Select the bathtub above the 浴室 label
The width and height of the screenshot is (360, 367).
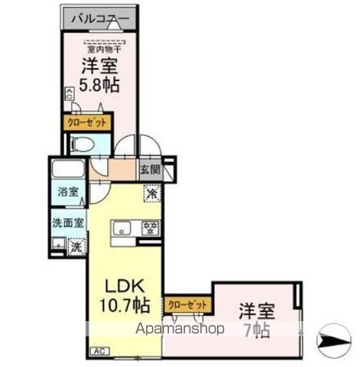[66, 170]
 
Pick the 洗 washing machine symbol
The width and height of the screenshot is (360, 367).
[76, 246]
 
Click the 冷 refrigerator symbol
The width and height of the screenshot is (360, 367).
[151, 193]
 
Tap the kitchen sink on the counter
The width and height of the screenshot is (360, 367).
[122, 229]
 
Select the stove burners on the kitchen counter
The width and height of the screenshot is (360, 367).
[150, 228]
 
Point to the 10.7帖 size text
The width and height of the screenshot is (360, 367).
[124, 309]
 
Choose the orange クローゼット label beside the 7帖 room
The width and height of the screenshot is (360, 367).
[188, 304]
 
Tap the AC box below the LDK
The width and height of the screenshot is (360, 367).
[99, 350]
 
